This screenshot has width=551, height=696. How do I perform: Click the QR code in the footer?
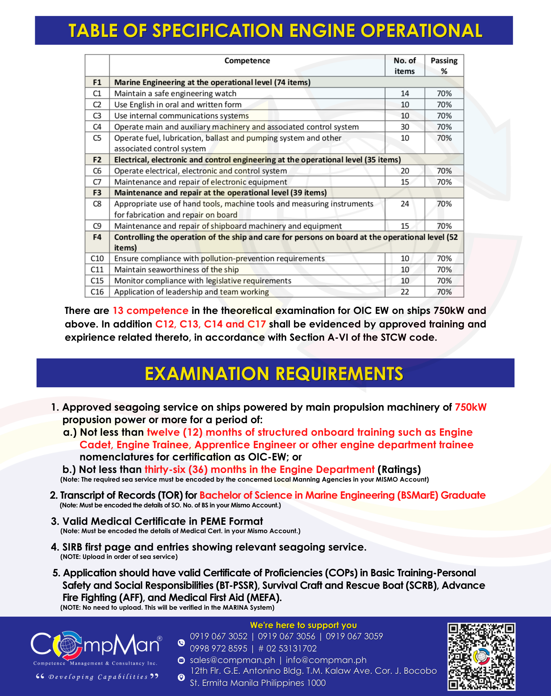point(481,656)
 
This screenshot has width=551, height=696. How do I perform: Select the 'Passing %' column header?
point(444,65)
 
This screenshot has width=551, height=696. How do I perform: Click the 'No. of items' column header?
point(404,65)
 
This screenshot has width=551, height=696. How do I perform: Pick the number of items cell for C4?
point(404,127)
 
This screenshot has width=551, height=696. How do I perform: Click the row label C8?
point(97,204)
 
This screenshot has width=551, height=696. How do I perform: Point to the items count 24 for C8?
point(404,204)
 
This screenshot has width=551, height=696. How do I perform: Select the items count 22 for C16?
point(404,292)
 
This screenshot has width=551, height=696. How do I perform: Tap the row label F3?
point(97,193)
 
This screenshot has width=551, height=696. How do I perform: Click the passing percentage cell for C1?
point(444,93)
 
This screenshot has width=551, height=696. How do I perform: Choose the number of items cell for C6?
point(404,171)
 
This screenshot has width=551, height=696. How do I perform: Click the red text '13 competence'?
point(150,310)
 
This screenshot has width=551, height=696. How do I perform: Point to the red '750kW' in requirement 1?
point(471,407)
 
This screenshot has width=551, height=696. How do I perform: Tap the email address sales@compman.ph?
point(232,660)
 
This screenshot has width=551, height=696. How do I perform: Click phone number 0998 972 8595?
point(218,648)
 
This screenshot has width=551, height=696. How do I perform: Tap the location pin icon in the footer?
point(181,677)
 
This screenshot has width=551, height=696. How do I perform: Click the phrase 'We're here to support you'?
point(303,625)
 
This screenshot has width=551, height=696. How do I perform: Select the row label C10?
point(97,259)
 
